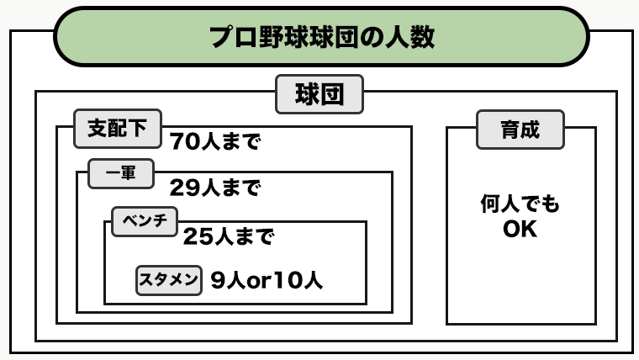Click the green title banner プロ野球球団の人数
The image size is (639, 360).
321,37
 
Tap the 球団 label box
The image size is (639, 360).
319,94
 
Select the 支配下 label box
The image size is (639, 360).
118,129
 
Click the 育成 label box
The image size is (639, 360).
520,130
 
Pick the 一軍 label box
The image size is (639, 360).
121,173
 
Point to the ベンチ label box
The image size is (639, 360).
145,222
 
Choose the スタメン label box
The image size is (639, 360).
169,280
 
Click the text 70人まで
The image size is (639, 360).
214,141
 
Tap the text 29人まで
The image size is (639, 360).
214,188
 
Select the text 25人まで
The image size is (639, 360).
229,236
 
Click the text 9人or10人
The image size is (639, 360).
267,280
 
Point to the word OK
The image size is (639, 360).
520,229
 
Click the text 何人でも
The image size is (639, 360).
520,204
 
